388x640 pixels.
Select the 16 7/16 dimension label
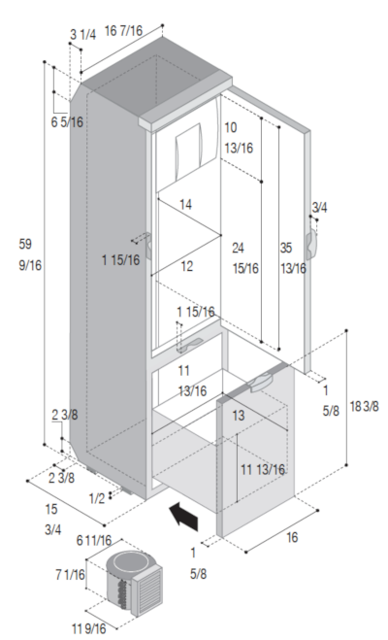click(124, 31)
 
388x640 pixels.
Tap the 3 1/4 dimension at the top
click(83, 35)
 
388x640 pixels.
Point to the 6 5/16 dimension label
click(67, 121)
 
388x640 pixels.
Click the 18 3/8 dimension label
click(365, 406)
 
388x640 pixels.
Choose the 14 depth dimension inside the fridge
click(185, 204)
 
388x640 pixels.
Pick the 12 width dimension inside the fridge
click(186, 266)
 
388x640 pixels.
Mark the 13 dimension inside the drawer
click(239, 416)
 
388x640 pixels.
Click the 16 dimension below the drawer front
click(292, 537)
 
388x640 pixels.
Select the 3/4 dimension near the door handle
click(319, 208)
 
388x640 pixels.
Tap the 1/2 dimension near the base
click(97, 498)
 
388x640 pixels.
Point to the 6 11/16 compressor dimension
click(94, 540)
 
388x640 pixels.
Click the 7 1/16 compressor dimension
click(71, 575)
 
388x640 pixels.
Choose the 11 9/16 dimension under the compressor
click(89, 628)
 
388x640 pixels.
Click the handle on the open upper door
click(311, 244)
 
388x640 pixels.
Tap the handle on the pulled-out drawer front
click(261, 383)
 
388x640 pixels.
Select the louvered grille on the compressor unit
click(150, 591)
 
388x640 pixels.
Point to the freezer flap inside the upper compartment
click(188, 152)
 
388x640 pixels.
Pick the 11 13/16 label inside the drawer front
click(263, 469)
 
